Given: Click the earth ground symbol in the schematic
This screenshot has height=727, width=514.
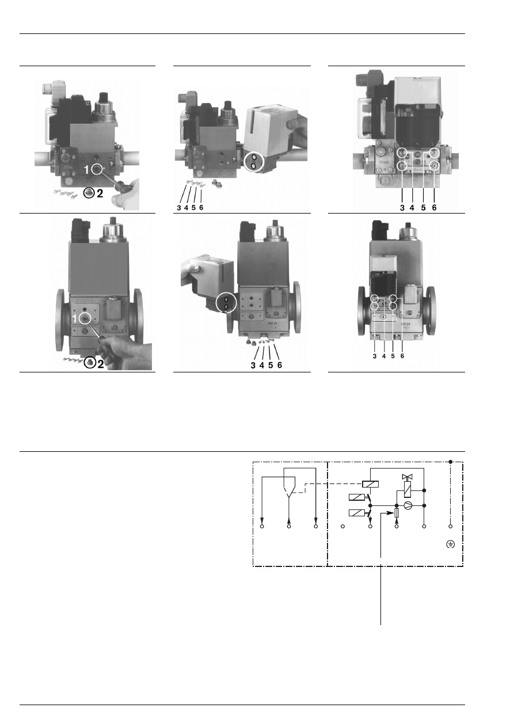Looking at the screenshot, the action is pyautogui.click(x=451, y=545).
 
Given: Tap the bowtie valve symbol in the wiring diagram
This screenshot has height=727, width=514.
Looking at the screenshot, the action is pyautogui.click(x=406, y=477).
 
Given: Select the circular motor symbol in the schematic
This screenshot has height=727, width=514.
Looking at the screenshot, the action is pyautogui.click(x=408, y=505).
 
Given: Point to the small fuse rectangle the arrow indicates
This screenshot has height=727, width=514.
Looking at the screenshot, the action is pyautogui.click(x=397, y=513).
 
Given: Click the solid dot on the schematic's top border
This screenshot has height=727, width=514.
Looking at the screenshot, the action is pyautogui.click(x=451, y=462).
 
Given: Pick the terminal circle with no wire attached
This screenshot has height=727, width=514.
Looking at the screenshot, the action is pyautogui.click(x=342, y=526).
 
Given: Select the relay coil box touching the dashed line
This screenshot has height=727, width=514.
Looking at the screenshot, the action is pyautogui.click(x=371, y=484).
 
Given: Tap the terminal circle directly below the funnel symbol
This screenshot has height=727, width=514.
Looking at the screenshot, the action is pyautogui.click(x=289, y=526).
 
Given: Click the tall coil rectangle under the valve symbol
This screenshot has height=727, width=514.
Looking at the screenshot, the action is pyautogui.click(x=406, y=490).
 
